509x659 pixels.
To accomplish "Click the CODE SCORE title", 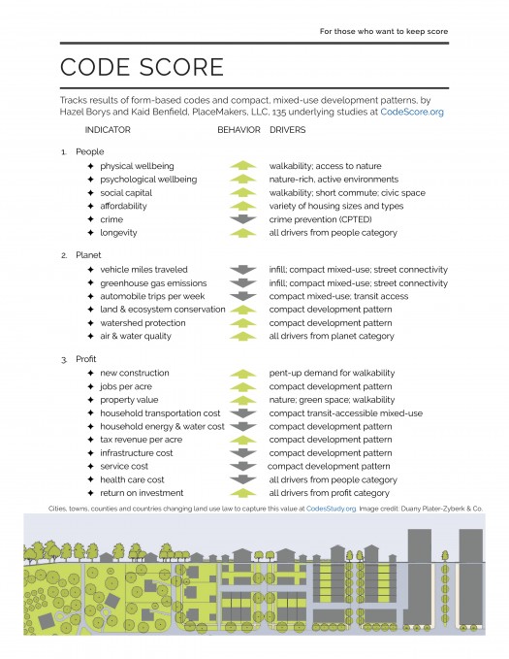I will pos(142,67).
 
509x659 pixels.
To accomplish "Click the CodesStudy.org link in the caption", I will pos(333,508).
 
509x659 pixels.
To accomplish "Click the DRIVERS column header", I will pos(290,129).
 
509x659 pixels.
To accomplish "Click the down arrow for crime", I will pos(241,220).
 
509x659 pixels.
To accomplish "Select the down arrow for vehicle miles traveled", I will pos(241,270).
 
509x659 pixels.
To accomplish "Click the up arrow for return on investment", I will pos(241,493).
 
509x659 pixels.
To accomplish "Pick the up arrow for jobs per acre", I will pos(241,386).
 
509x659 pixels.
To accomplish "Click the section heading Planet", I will pos(90,255).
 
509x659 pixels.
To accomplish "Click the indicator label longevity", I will pos(118,233).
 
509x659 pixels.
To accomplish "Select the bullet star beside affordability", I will pos(90,207).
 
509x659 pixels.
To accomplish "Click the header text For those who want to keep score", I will pos(384,31).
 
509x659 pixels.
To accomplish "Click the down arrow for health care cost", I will pos(241,479).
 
